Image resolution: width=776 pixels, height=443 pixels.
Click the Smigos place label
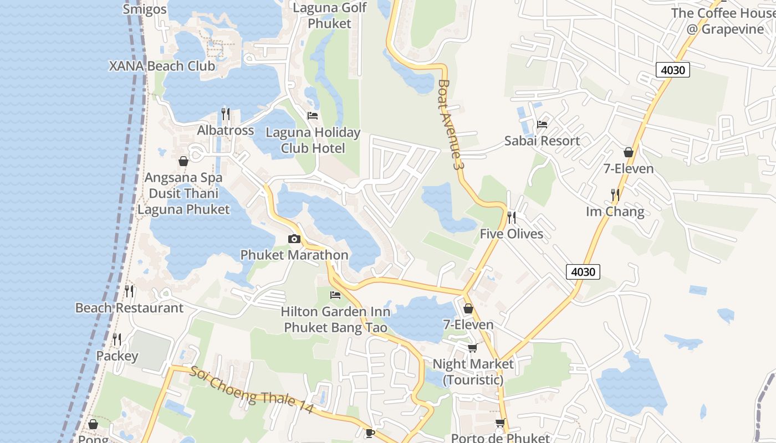point(145,9)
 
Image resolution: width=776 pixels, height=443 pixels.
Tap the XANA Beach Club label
point(162,66)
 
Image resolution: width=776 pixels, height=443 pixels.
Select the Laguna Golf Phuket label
point(330,16)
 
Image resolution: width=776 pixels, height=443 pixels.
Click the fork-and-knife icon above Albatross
point(226,114)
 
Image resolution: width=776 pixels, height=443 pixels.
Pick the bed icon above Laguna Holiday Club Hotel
point(313,116)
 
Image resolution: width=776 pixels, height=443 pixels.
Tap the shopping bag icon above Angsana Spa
point(183,161)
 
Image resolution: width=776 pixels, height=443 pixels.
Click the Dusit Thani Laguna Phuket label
point(183,202)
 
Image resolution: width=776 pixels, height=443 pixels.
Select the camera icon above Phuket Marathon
point(294,239)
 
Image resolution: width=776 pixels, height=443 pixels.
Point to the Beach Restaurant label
point(129,308)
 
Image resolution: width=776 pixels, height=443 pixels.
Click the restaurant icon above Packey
point(117,339)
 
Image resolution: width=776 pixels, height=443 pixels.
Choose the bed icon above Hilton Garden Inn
point(335,295)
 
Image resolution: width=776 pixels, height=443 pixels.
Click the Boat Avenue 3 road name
point(450,125)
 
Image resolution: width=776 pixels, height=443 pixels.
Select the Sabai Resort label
point(542,141)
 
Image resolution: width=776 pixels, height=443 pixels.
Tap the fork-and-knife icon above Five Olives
point(512,218)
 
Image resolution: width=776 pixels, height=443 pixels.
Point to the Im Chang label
point(615,212)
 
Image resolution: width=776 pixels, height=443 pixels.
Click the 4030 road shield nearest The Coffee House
point(673,70)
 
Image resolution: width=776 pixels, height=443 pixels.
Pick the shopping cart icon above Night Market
point(472,348)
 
